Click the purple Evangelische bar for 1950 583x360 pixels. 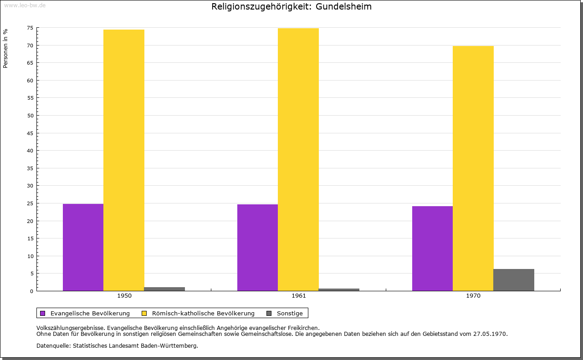[x=83, y=247]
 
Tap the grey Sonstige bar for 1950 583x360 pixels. [x=164, y=289]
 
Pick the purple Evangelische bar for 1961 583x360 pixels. [x=257, y=248]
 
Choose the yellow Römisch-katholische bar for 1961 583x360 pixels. [x=298, y=159]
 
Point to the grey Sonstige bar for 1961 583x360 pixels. [x=339, y=289]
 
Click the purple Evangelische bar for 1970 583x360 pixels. [x=432, y=248]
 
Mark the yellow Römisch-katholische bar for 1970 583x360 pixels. [x=473, y=168]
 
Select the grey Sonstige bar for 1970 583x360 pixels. [x=514, y=280]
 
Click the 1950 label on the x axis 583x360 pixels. [x=124, y=296]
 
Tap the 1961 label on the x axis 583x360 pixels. [x=299, y=296]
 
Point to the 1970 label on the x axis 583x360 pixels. [x=473, y=296]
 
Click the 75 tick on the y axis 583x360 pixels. [x=30, y=28]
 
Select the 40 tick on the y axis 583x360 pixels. [x=30, y=151]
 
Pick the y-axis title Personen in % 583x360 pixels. [x=5, y=48]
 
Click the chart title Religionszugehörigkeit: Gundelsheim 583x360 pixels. [x=291, y=7]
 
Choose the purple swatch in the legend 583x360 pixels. [x=43, y=313]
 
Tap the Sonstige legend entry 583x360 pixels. [x=290, y=313]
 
